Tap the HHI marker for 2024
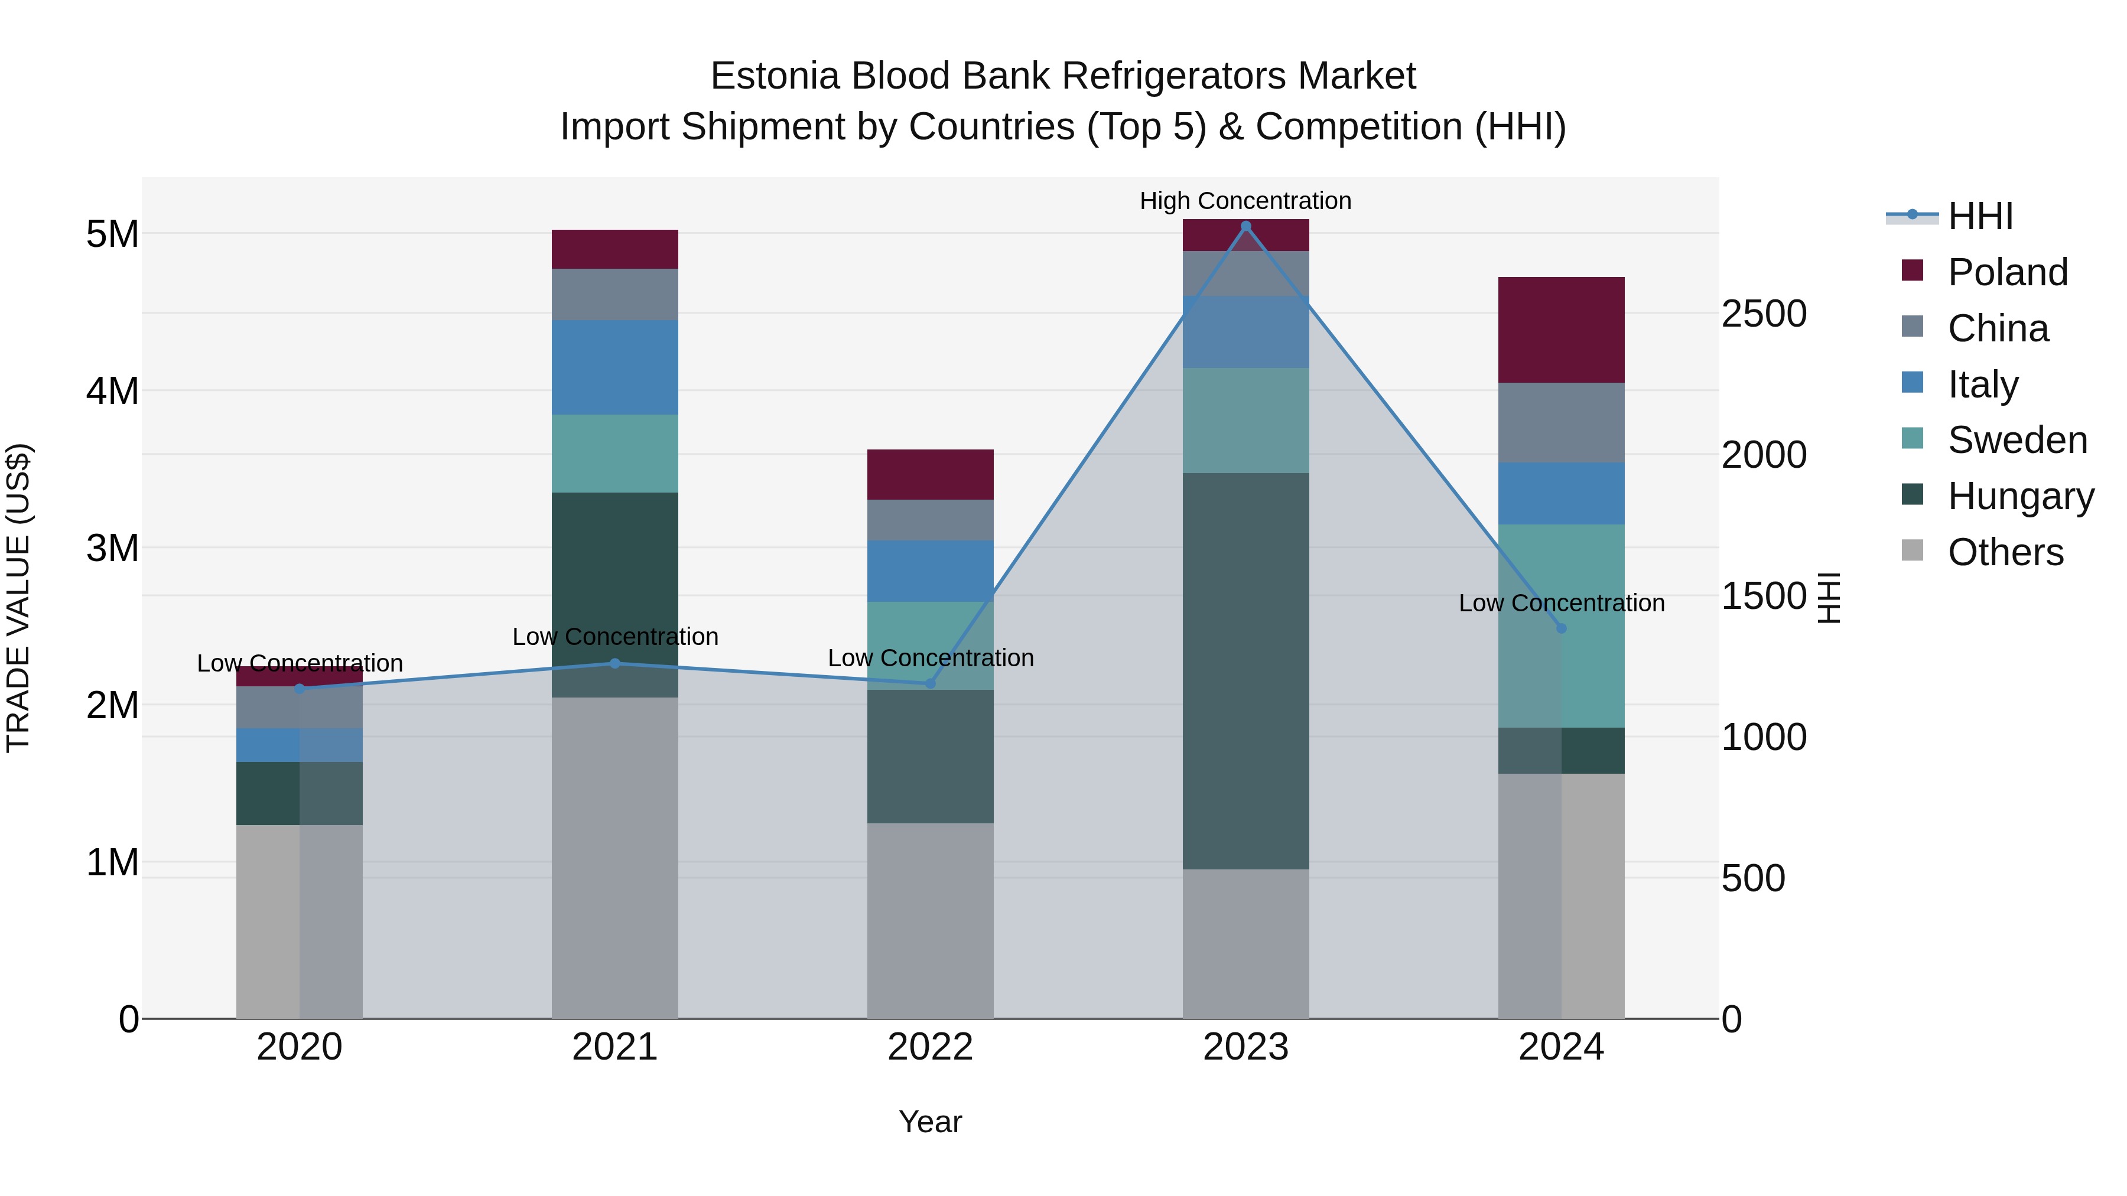tap(1560, 628)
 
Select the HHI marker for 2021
tap(614, 663)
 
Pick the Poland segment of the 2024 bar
tap(1560, 330)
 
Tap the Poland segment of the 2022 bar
tap(930, 475)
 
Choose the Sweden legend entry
tap(2017, 440)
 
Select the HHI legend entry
tap(1980, 216)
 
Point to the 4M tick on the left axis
tap(112, 391)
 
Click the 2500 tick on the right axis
tap(1764, 314)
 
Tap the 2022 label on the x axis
tap(930, 1047)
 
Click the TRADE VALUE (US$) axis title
tap(18, 598)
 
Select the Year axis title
tap(930, 1122)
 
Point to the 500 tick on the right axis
tap(1753, 878)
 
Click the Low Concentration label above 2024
tap(1560, 604)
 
